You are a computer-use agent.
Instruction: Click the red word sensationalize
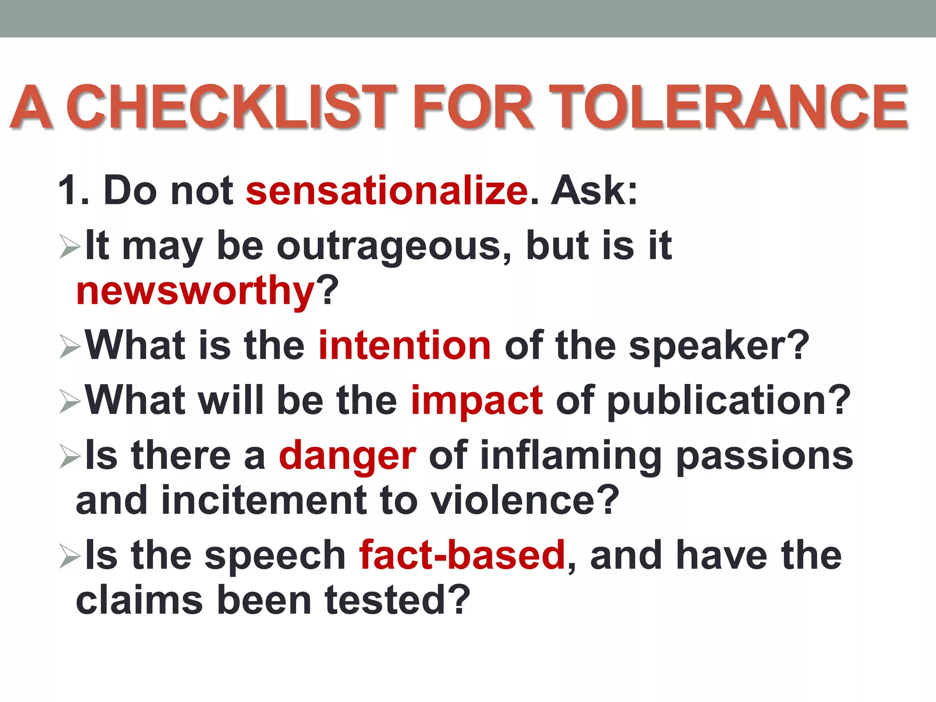point(387,191)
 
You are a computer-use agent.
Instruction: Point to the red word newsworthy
point(196,291)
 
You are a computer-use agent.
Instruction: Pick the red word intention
point(404,346)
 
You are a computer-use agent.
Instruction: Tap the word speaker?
point(719,346)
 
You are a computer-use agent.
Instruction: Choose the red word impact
point(477,400)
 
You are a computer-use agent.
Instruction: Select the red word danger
point(347,456)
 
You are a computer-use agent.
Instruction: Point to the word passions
point(764,456)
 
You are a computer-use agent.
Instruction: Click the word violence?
point(525,500)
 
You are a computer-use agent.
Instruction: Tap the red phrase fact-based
point(462,555)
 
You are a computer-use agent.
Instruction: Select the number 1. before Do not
point(73,191)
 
